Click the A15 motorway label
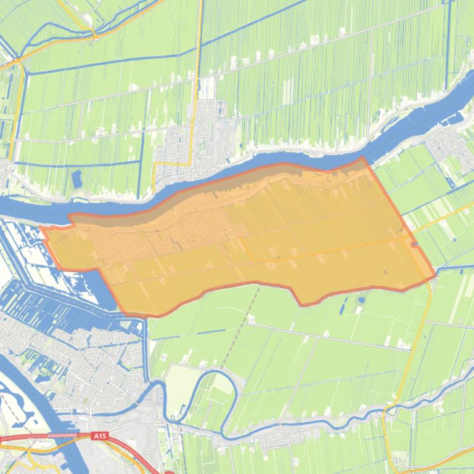point(99,436)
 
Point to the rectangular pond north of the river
point(76,179)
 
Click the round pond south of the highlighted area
point(361,300)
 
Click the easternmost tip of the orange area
point(435,275)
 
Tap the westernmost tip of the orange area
point(41,228)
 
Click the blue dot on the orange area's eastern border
point(415,244)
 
